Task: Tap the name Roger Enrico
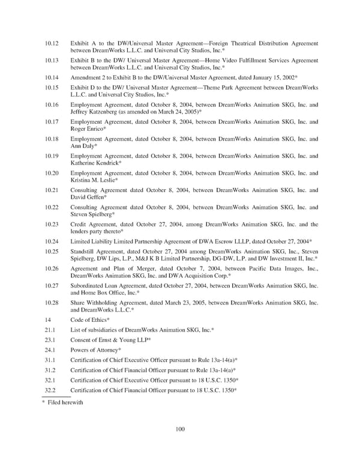coord(88,129)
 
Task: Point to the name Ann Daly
coord(82,146)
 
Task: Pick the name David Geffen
coord(88,197)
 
